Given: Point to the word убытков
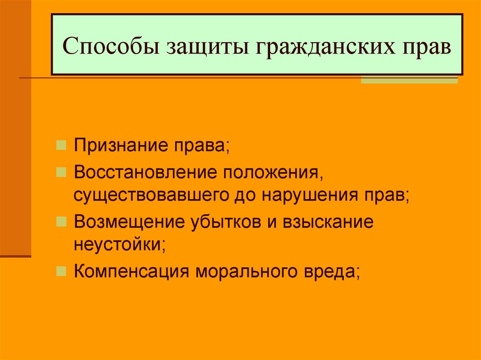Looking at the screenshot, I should [222, 222].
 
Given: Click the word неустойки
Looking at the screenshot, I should [118, 244].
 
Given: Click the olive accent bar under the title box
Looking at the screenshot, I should [416, 80].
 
